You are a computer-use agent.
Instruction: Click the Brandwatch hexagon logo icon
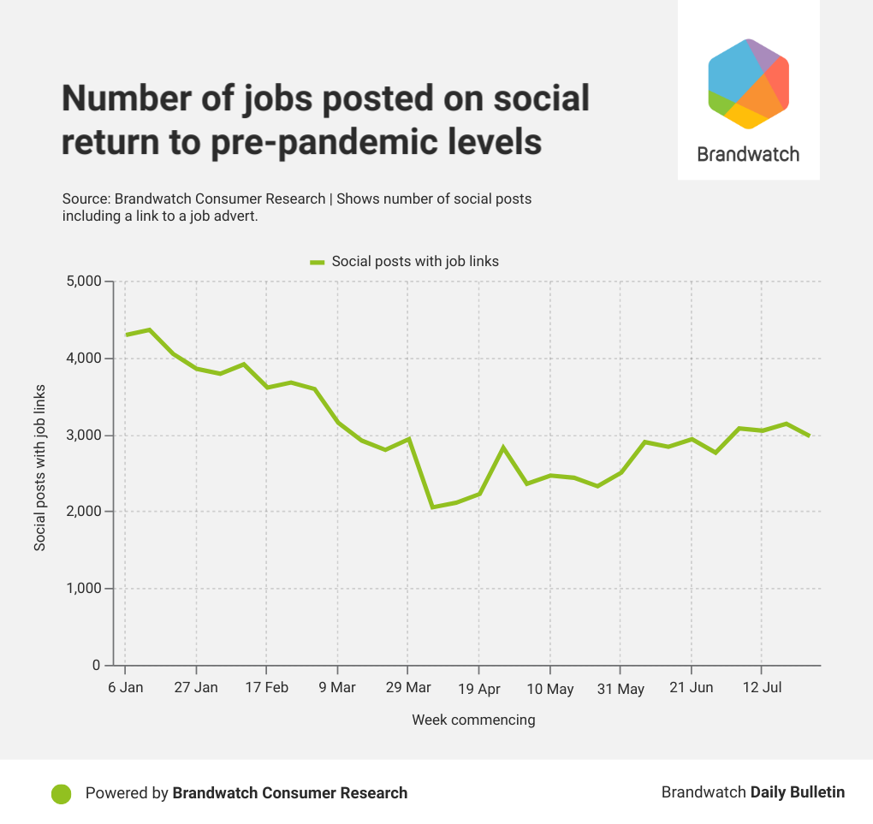tap(748, 84)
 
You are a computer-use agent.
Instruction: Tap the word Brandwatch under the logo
tap(748, 154)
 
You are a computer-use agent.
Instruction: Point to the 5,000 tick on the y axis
tap(83, 282)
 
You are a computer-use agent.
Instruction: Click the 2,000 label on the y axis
tap(83, 512)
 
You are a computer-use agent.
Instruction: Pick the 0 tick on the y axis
tap(96, 666)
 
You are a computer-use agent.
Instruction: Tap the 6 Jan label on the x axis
tap(125, 688)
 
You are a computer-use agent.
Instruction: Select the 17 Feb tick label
tap(266, 688)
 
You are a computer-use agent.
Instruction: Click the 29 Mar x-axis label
tap(407, 688)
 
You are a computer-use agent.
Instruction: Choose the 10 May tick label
tap(549, 689)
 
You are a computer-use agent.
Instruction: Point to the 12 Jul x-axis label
tap(762, 688)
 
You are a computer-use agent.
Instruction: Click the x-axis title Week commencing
tap(473, 720)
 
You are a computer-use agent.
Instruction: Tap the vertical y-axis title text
tap(40, 467)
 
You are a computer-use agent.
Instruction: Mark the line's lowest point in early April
tap(432, 507)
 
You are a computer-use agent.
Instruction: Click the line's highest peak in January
tap(149, 329)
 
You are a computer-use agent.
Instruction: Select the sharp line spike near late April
tap(503, 448)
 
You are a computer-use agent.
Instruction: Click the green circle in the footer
tap(62, 793)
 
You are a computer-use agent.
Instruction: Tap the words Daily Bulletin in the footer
tap(798, 792)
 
